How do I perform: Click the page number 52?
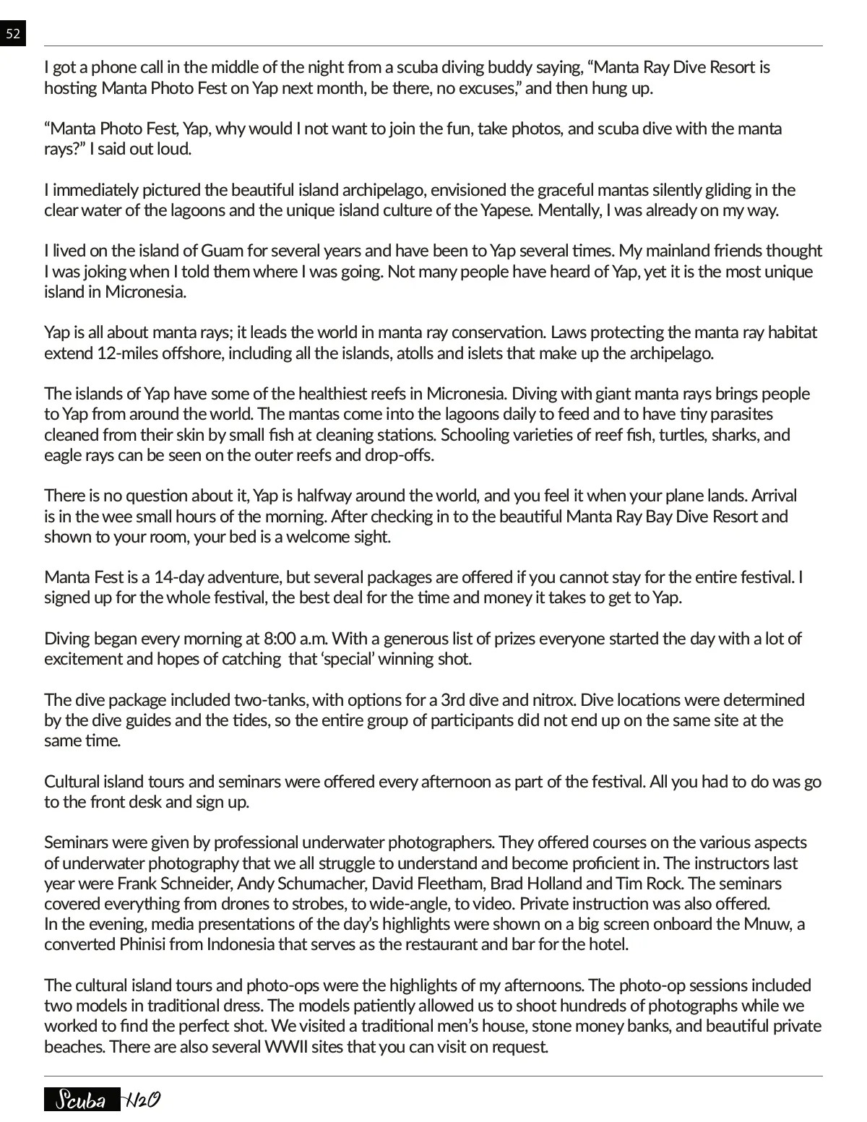[x=13, y=33]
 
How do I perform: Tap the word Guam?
[x=223, y=251]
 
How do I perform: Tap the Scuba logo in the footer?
[x=82, y=1100]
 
